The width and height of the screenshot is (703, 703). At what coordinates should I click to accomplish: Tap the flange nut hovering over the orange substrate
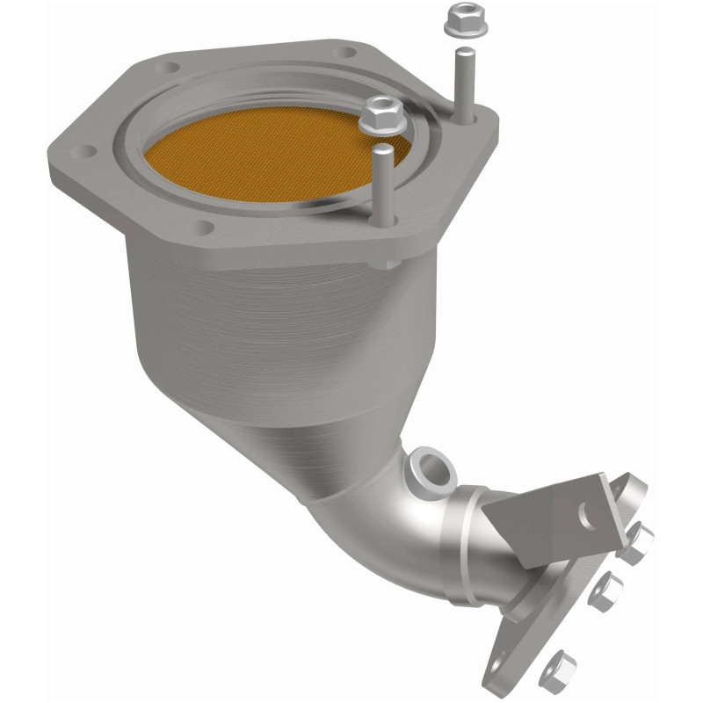(x=380, y=114)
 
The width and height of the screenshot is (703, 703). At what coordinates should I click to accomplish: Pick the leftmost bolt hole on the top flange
(x=86, y=152)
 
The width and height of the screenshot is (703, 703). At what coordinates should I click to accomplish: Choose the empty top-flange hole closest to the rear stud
(x=347, y=53)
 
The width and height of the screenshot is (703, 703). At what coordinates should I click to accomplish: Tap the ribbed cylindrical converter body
(x=264, y=325)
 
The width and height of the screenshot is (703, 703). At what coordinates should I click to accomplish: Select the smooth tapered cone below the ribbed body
(x=334, y=439)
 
